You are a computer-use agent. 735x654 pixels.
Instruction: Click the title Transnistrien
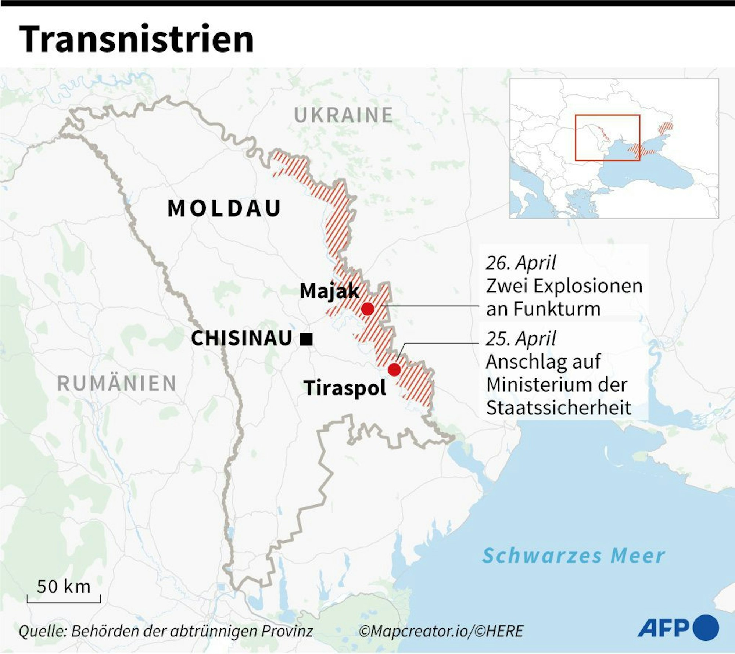coord(136,39)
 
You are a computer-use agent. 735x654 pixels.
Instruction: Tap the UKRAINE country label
coord(344,115)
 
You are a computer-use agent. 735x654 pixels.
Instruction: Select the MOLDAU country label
coord(224,208)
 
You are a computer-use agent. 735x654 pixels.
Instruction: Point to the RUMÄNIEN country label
coord(117,384)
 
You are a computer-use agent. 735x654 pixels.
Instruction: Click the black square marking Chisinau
coord(306,339)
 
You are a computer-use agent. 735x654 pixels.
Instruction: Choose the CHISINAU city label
coord(241,338)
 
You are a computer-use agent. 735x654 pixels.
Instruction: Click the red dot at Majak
coord(367,309)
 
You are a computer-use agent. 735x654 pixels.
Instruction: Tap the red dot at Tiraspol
coord(394,369)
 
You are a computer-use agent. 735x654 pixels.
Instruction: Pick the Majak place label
coord(329,291)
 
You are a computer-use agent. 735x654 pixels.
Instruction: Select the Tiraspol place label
coord(345,388)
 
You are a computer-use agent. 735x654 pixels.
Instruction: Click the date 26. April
coord(521,263)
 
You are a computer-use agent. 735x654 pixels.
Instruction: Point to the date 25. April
coord(521,338)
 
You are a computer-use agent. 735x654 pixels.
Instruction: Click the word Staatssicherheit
coord(559,407)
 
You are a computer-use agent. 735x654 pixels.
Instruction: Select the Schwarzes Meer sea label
coord(573,556)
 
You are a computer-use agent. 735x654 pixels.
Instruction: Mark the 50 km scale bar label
coord(64,587)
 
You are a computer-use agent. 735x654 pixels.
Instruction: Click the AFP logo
coord(678,628)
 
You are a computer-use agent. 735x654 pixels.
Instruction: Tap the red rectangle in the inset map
coord(607,138)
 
